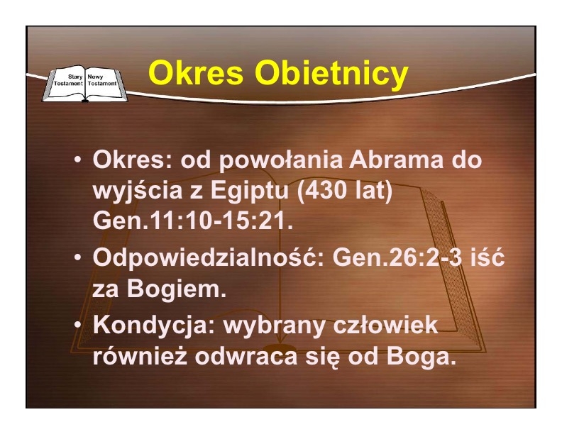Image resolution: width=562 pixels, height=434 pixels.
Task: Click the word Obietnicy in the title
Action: point(331,74)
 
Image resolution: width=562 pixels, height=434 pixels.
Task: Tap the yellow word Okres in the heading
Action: point(196,73)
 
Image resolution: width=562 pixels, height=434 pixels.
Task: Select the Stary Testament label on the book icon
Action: point(68,80)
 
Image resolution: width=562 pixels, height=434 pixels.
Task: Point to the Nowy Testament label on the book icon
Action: point(102,80)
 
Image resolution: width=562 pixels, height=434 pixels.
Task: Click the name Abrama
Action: point(396,160)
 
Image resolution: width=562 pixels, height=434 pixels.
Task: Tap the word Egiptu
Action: point(250,191)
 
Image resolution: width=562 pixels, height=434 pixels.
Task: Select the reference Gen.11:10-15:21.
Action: point(193,221)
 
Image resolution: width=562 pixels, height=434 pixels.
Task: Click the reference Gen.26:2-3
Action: point(397,257)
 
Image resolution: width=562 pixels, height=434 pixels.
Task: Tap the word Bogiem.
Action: point(177,289)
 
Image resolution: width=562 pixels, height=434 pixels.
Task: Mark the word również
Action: point(140,356)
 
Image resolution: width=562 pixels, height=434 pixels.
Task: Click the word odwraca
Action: point(246,356)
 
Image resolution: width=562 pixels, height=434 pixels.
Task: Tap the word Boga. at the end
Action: point(421,357)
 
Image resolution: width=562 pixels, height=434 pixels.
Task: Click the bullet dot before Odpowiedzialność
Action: point(77,257)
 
